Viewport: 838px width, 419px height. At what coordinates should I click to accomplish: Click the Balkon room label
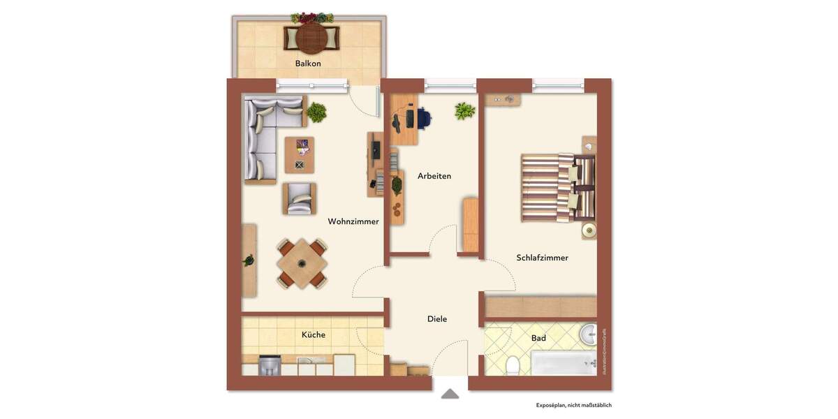click(308, 64)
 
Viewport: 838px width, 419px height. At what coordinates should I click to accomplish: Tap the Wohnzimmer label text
click(353, 221)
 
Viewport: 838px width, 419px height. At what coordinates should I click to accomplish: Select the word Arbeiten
click(434, 176)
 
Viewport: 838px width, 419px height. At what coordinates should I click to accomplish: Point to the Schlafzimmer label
click(542, 258)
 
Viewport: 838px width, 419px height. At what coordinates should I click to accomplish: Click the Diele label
click(437, 319)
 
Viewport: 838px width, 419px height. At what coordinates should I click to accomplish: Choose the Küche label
click(314, 335)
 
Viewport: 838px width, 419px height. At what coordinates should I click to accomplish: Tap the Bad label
click(538, 338)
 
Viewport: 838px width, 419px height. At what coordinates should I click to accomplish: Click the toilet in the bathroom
click(513, 365)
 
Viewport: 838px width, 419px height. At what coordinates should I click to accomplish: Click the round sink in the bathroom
click(589, 335)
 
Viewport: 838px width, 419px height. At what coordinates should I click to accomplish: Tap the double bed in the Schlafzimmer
click(557, 188)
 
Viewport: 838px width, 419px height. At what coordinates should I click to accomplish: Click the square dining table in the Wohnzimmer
click(301, 263)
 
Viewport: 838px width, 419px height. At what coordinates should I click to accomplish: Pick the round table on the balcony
click(311, 38)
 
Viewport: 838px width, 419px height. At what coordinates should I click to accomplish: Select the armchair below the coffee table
click(299, 198)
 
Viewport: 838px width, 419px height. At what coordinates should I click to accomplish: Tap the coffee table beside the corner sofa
click(300, 154)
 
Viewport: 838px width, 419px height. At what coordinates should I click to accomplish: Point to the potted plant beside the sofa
click(316, 111)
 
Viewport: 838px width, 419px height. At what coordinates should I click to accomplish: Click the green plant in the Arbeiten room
click(464, 110)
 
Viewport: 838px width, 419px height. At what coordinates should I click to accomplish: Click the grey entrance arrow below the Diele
click(450, 394)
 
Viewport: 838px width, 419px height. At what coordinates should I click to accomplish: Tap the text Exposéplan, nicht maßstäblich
click(573, 405)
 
